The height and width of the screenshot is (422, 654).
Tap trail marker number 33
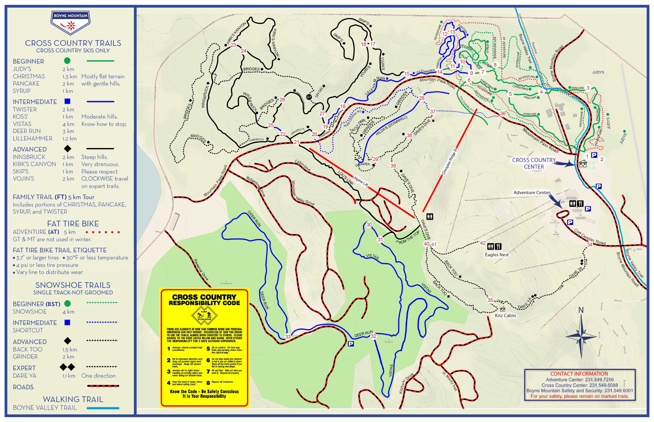click(x=288, y=337)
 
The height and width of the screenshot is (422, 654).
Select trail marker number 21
click(x=297, y=142)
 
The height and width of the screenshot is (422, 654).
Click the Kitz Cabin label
click(x=505, y=316)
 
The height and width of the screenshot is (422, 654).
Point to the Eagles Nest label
click(x=497, y=255)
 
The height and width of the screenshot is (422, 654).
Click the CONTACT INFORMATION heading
click(x=579, y=374)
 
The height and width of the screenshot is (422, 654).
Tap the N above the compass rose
click(x=581, y=310)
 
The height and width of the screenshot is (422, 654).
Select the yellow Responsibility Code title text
click(x=204, y=300)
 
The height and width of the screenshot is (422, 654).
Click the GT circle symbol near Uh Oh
click(x=309, y=97)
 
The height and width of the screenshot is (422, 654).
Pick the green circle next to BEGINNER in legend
click(x=67, y=61)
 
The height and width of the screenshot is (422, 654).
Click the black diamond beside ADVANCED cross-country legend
click(x=67, y=149)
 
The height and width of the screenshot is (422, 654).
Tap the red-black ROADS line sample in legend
click(x=103, y=386)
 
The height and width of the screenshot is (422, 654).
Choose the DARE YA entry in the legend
click(x=24, y=376)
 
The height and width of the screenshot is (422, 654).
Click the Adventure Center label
click(x=531, y=193)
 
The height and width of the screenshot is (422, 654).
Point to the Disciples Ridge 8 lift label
click(x=449, y=162)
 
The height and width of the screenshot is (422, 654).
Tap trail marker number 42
click(x=483, y=243)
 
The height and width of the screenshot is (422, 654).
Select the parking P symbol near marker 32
click(x=351, y=344)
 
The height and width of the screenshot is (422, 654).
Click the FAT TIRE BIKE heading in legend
click(x=73, y=224)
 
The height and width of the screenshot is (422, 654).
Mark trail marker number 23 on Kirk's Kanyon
click(x=233, y=45)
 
